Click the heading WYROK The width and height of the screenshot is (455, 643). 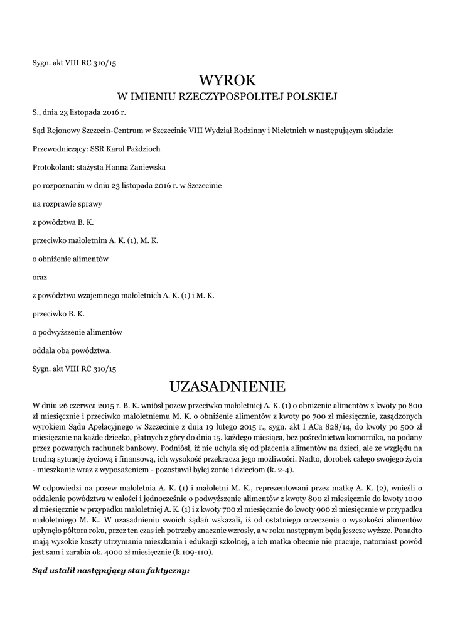tap(228, 80)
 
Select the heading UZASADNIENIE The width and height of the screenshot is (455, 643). tap(227, 384)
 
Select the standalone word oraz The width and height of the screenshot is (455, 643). tap(39, 276)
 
